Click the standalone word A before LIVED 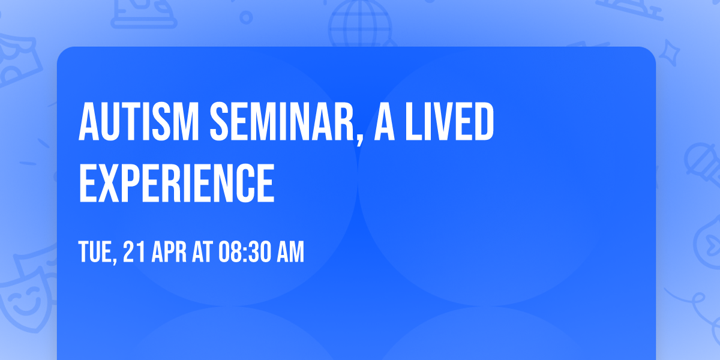[x=385, y=122]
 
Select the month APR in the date [x=164, y=253]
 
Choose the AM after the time [x=290, y=253]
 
